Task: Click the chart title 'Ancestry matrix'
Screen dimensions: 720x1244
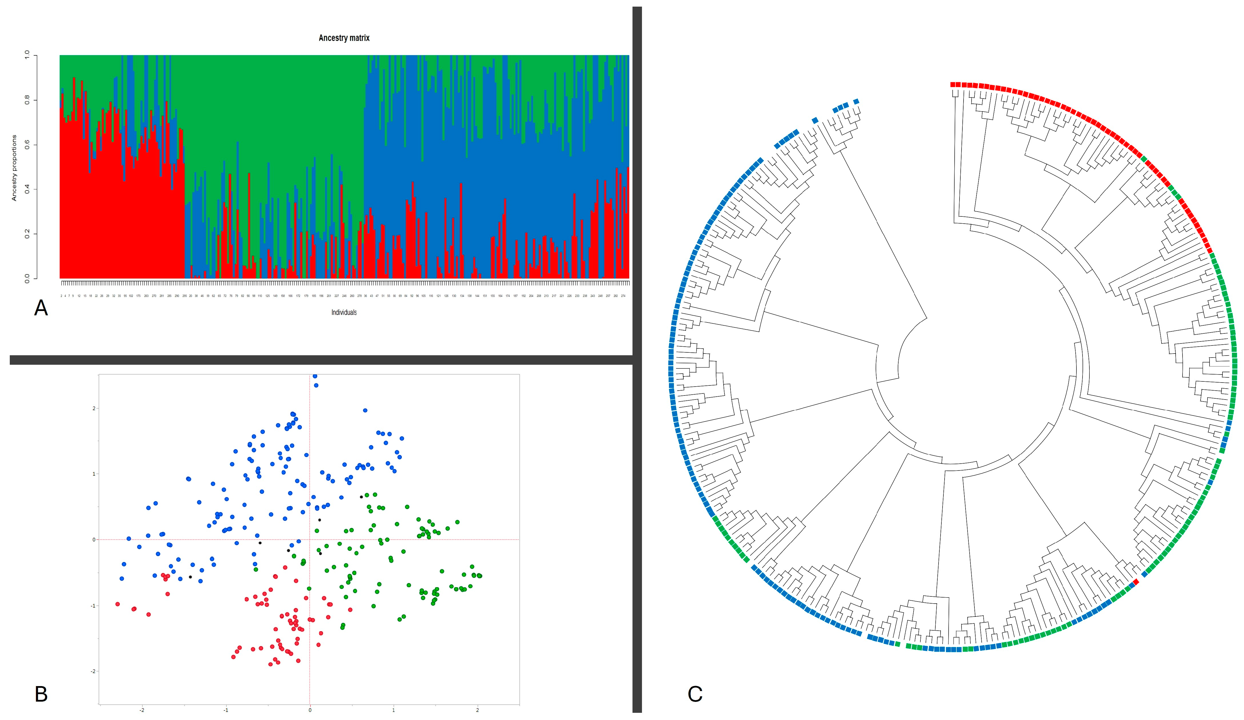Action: coord(344,38)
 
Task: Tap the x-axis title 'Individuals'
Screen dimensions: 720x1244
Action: coord(344,312)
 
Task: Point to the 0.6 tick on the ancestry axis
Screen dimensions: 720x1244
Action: coord(27,145)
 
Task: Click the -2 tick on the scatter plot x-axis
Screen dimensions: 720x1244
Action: coord(142,710)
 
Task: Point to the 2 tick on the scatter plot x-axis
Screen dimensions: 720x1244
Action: coord(477,710)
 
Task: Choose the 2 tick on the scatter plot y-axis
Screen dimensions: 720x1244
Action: coord(94,408)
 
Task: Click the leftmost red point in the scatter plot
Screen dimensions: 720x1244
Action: coord(118,604)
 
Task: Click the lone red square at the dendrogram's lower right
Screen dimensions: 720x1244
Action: coord(1135,582)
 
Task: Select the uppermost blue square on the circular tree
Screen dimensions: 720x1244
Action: coord(856,101)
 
